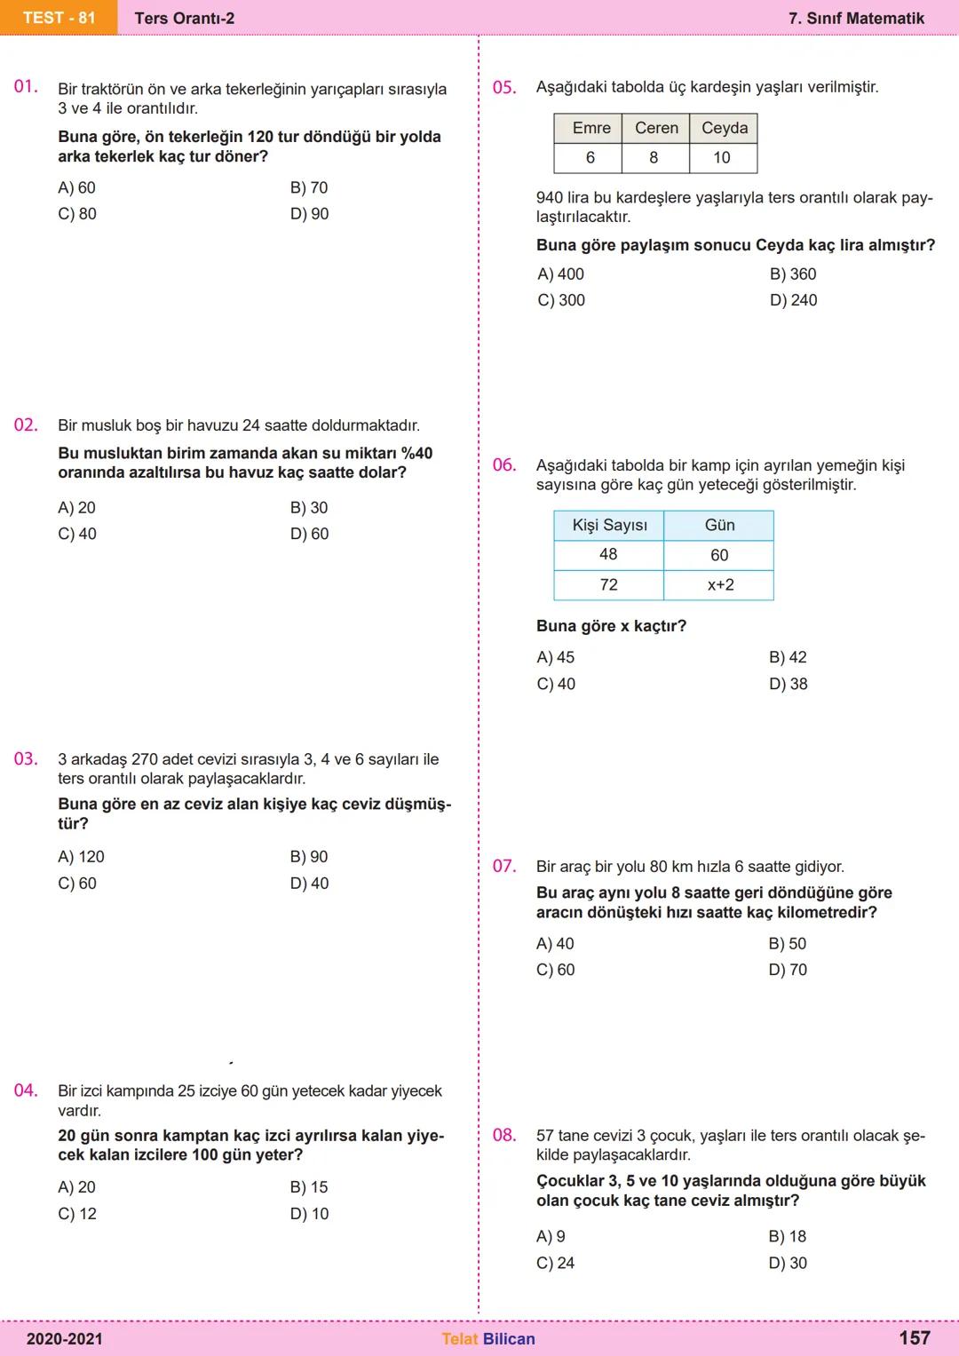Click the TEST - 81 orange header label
59,18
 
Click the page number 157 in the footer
915,1338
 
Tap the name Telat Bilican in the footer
488,1339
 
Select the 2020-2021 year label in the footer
64,1339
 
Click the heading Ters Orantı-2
185,19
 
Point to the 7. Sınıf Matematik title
856,19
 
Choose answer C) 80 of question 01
77,214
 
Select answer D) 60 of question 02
309,534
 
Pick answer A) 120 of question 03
81,857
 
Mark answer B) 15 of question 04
309,1187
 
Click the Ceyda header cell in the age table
725,128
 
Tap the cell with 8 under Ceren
654,158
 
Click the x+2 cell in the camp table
720,585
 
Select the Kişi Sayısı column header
609,525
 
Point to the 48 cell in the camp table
608,555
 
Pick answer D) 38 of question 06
789,684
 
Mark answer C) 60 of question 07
556,970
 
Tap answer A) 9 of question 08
551,1236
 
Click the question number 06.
504,465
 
